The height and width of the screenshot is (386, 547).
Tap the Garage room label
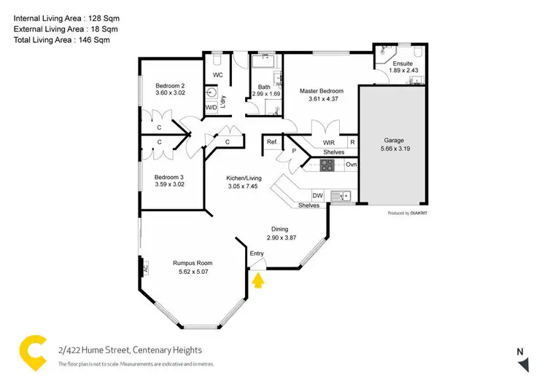pyautogui.click(x=394, y=140)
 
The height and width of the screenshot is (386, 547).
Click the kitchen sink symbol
pyautogui.click(x=341, y=195)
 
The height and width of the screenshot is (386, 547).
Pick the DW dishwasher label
pyautogui.click(x=317, y=195)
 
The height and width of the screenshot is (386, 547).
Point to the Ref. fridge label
pyautogui.click(x=271, y=142)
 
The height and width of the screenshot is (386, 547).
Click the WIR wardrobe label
pyautogui.click(x=319, y=142)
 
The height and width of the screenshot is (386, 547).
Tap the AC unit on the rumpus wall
pyautogui.click(x=145, y=267)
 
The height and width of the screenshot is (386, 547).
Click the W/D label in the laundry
pyautogui.click(x=211, y=108)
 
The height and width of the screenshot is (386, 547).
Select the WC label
pyautogui.click(x=217, y=75)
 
